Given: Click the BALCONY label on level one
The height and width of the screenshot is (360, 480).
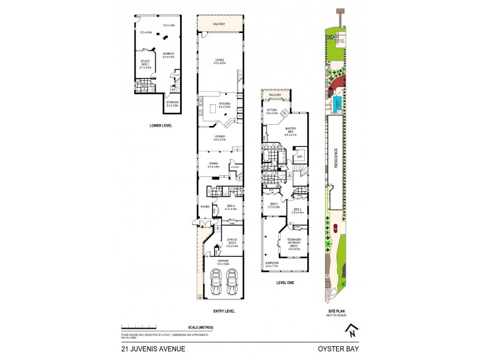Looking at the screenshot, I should [275, 95].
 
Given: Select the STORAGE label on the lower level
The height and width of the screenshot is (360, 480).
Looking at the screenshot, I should [172, 103].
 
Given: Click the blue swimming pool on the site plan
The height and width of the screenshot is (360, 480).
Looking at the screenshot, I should [338, 103].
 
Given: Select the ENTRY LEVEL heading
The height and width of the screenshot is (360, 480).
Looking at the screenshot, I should [224, 311].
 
